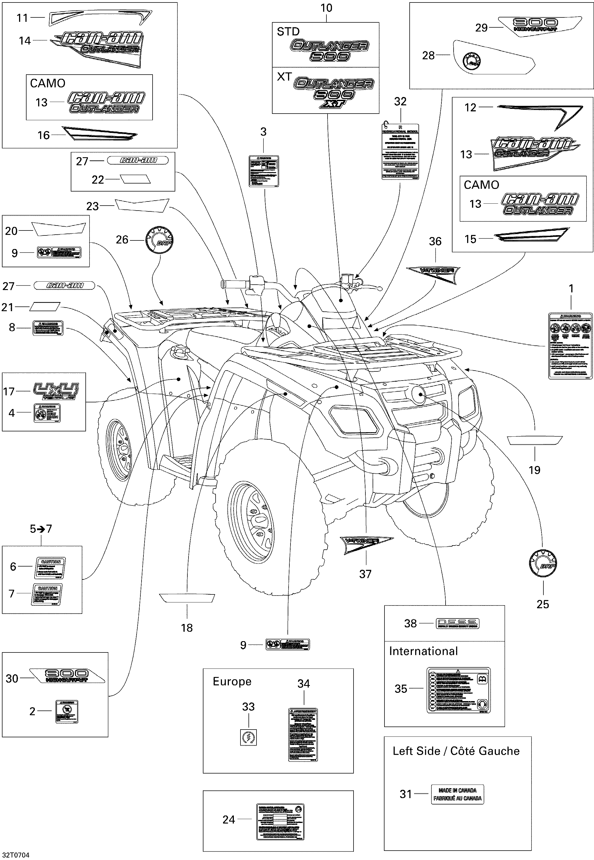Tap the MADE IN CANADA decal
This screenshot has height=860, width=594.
[x=457, y=794]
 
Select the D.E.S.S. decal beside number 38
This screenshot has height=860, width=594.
[x=457, y=623]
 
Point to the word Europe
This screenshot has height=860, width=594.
[x=232, y=681]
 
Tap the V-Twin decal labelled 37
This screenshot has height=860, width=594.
[x=367, y=544]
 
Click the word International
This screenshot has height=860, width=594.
[x=423, y=651]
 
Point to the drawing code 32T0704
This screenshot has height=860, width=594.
[x=16, y=855]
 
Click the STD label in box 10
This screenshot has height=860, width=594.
[x=288, y=32]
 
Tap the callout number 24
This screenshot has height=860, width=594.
[x=229, y=819]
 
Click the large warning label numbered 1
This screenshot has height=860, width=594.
[x=571, y=346]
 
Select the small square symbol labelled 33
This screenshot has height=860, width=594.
[x=248, y=737]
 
